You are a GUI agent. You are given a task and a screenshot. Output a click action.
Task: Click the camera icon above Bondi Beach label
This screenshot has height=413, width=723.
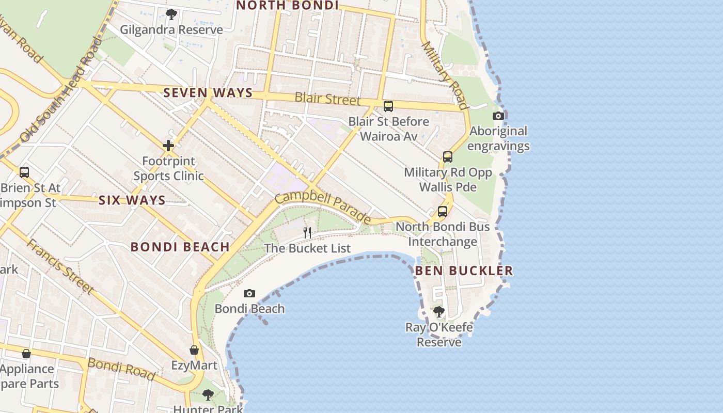pos(249,294)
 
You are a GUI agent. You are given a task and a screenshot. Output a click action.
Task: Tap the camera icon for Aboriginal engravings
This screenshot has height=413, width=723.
pos(498,116)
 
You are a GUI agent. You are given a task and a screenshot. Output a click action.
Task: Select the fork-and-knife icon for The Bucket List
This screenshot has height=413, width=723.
pos(307,232)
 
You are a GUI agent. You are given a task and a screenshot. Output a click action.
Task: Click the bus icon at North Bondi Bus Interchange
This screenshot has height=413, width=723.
pos(443,211)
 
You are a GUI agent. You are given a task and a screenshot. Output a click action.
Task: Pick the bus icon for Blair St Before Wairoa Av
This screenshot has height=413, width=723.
pos(388,106)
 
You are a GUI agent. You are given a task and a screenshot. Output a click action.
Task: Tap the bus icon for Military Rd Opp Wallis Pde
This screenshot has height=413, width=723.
pos(448,157)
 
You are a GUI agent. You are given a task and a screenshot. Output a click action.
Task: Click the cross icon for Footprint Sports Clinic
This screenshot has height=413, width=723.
pos(168,146)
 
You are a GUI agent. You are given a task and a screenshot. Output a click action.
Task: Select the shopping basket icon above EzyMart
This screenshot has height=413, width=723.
pos(194,351)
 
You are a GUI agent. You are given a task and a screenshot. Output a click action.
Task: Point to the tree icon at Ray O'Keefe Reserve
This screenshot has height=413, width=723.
pos(439,312)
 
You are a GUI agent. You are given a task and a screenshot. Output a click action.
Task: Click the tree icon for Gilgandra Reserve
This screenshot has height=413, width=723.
pos(171,14)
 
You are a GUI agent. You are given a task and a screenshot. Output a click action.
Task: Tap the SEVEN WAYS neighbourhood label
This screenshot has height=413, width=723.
pos(208,93)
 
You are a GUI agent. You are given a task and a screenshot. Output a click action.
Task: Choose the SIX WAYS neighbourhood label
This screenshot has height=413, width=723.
pos(132,200)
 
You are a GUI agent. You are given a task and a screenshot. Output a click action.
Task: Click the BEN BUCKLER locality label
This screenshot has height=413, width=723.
pos(464,271)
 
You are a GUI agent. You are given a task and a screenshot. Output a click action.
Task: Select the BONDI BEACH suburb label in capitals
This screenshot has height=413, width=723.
pos(180,247)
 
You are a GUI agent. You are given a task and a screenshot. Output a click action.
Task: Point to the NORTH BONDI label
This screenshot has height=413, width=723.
pos(287,6)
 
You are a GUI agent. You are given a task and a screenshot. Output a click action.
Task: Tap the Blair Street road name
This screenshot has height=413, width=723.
pos(327,98)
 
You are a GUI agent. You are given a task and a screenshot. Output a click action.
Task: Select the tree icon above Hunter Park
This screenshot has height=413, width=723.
pos(208,395)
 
